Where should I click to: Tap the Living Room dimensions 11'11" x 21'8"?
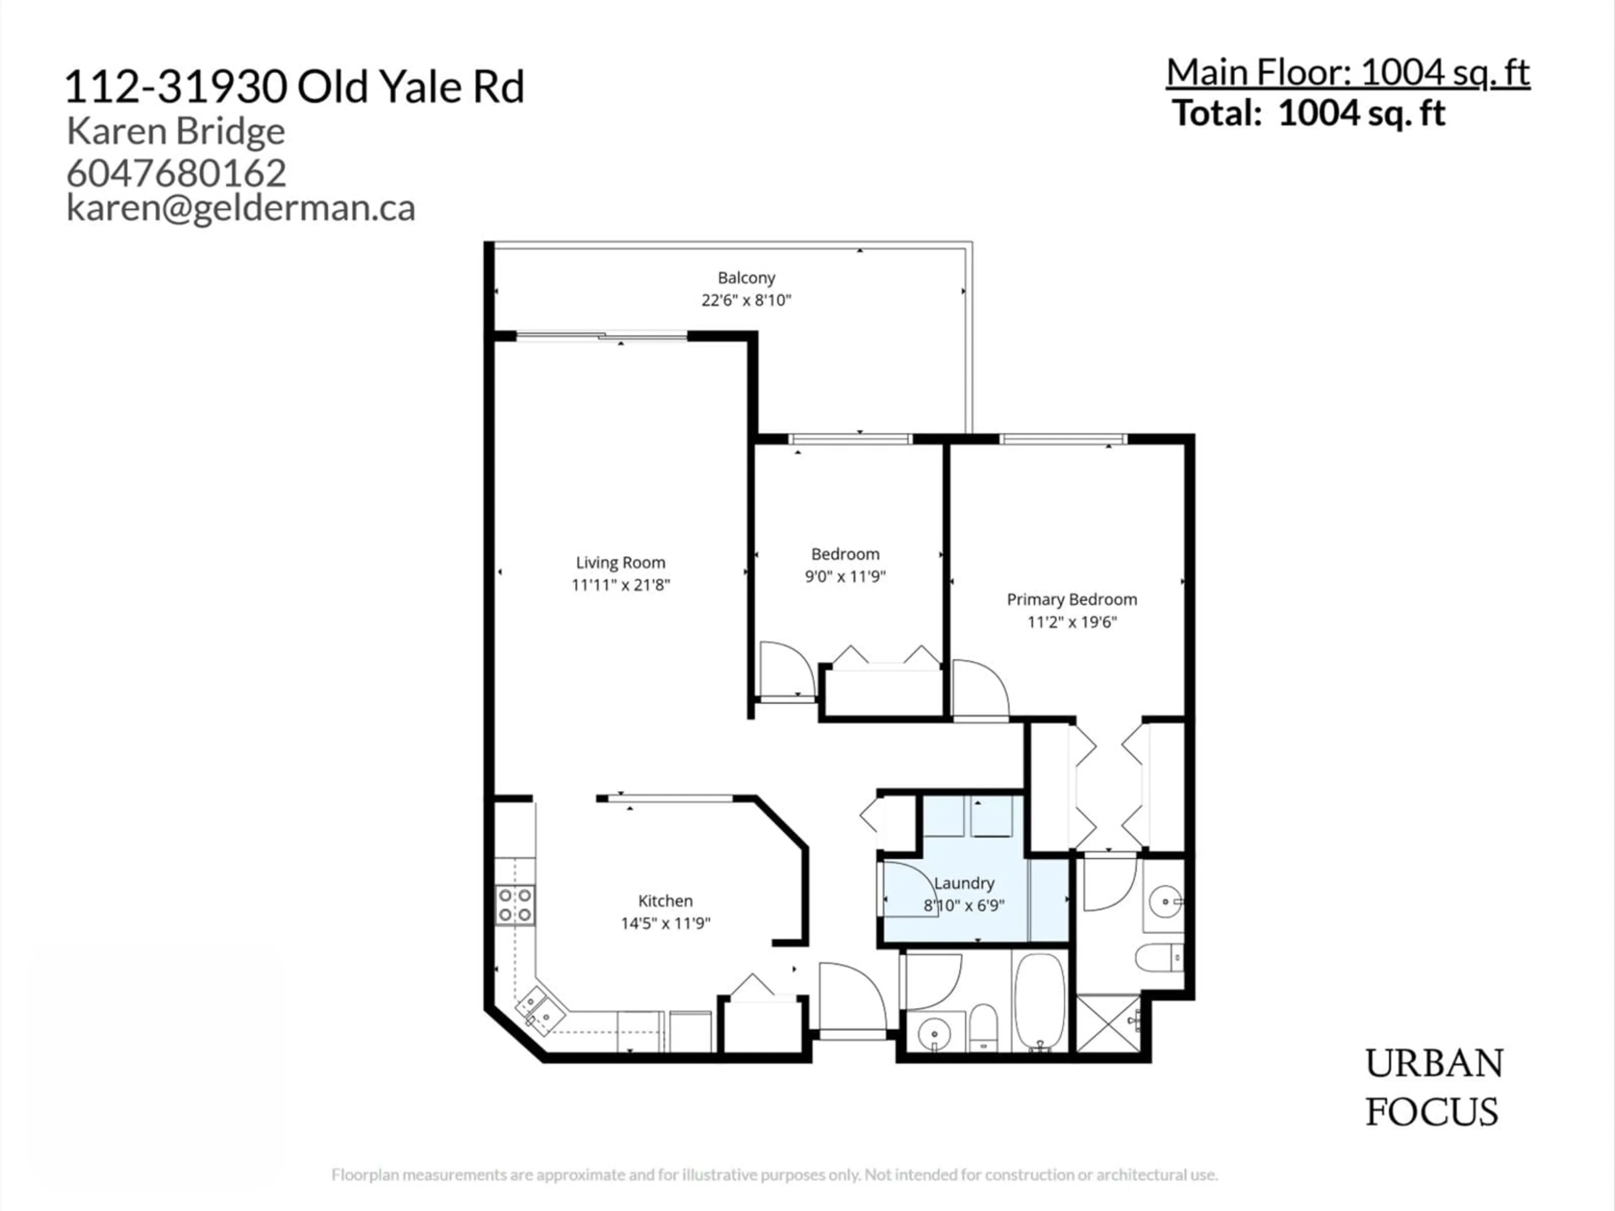pyautogui.click(x=621, y=585)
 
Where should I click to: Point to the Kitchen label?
pyautogui.click(x=665, y=901)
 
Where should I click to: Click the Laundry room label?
pyautogui.click(x=964, y=883)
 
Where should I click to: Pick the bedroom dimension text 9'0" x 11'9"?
pyautogui.click(x=845, y=576)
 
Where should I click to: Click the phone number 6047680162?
pyautogui.click(x=176, y=173)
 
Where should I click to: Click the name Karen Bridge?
pyautogui.click(x=175, y=131)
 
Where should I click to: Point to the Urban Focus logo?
pyautogui.click(x=1434, y=1088)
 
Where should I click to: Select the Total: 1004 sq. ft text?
pyautogui.click(x=1308, y=114)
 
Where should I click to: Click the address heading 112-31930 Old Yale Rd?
pyautogui.click(x=294, y=87)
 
